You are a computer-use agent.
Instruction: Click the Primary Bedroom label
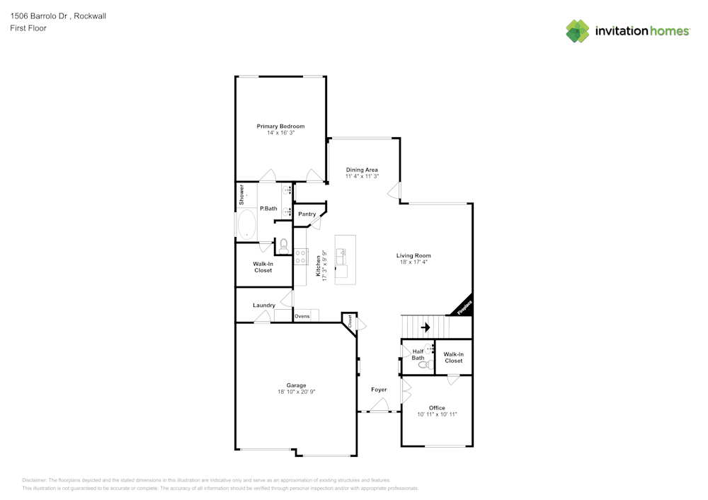[280, 126]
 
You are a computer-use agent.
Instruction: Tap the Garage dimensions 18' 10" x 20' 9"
[296, 392]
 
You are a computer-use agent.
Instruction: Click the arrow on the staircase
[426, 327]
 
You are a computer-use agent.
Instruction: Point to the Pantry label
[307, 214]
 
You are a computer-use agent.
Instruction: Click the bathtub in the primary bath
[247, 226]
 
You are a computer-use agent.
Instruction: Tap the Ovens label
[302, 316]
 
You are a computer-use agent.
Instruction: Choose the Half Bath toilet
[429, 364]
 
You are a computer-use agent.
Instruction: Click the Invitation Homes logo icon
[577, 31]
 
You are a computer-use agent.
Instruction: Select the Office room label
[437, 408]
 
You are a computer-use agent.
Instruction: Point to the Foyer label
[379, 390]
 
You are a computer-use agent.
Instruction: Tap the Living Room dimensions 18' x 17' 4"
[413, 262]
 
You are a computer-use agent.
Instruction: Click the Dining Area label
[361, 170]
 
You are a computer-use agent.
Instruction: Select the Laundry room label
[264, 306]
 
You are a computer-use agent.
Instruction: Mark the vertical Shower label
[241, 194]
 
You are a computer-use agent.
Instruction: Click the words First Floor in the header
[28, 28]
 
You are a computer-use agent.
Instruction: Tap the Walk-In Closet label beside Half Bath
[453, 357]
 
